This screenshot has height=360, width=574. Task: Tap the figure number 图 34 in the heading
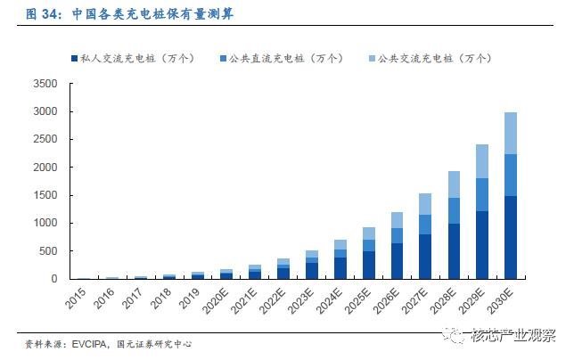20,13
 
